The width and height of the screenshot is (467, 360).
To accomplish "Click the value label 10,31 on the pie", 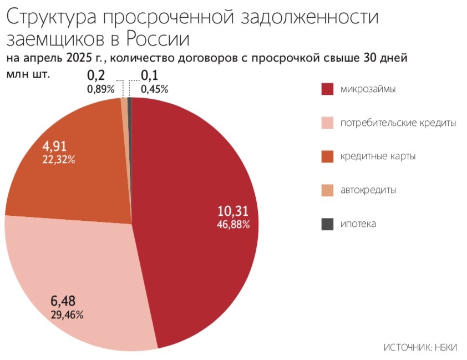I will pyautogui.click(x=233, y=211).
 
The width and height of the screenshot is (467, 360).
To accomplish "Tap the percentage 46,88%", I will pyautogui.click(x=233, y=225).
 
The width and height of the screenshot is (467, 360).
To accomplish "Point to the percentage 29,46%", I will pyautogui.click(x=67, y=315).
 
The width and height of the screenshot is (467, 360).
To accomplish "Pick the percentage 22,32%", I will pyautogui.click(x=59, y=159).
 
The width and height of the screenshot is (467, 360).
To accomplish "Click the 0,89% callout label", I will pyautogui.click(x=100, y=88).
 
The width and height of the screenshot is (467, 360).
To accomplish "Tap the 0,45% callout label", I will pyautogui.click(x=154, y=88).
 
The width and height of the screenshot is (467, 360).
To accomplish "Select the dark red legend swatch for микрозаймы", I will pyautogui.click(x=327, y=89).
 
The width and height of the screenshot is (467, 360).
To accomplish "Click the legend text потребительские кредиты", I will pyautogui.click(x=398, y=123).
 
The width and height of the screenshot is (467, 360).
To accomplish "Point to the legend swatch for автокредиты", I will pyautogui.click(x=327, y=190).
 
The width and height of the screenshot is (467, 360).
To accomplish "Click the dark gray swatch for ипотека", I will pyautogui.click(x=327, y=224).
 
